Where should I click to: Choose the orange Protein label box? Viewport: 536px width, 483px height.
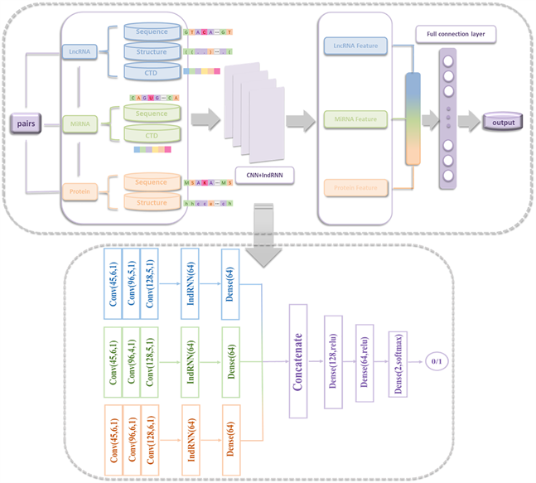(79, 191)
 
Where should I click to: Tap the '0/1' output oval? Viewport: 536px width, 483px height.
(436, 362)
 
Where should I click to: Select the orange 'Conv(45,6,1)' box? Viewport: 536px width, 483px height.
(111, 441)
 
